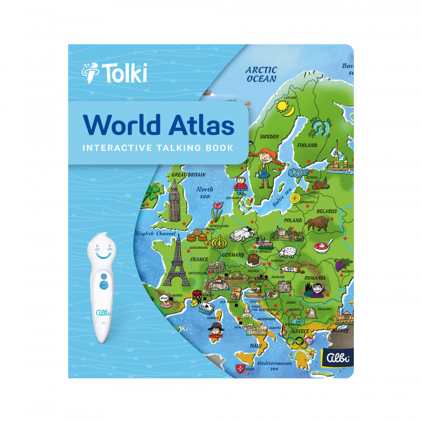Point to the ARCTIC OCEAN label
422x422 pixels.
click(x=262, y=74)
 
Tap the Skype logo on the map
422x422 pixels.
click(x=298, y=173)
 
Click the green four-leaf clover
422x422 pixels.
click(x=151, y=192)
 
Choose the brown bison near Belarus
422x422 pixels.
click(x=318, y=223)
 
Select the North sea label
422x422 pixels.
click(x=204, y=193)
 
